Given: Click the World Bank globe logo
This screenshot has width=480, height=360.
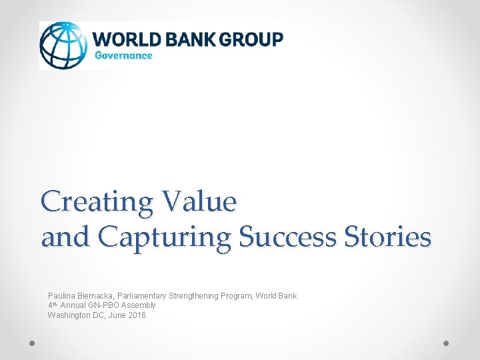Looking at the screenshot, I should pos(64,45).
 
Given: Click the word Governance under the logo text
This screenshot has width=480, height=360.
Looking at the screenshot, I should pos(124,56).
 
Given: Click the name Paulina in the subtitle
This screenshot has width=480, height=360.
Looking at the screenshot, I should pos(61,295).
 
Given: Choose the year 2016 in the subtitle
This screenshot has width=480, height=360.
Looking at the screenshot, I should pos(135,315).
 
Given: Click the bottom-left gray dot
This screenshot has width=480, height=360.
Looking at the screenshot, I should pos(32,343).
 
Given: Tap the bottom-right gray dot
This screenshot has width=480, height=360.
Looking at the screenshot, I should pos(447,343).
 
